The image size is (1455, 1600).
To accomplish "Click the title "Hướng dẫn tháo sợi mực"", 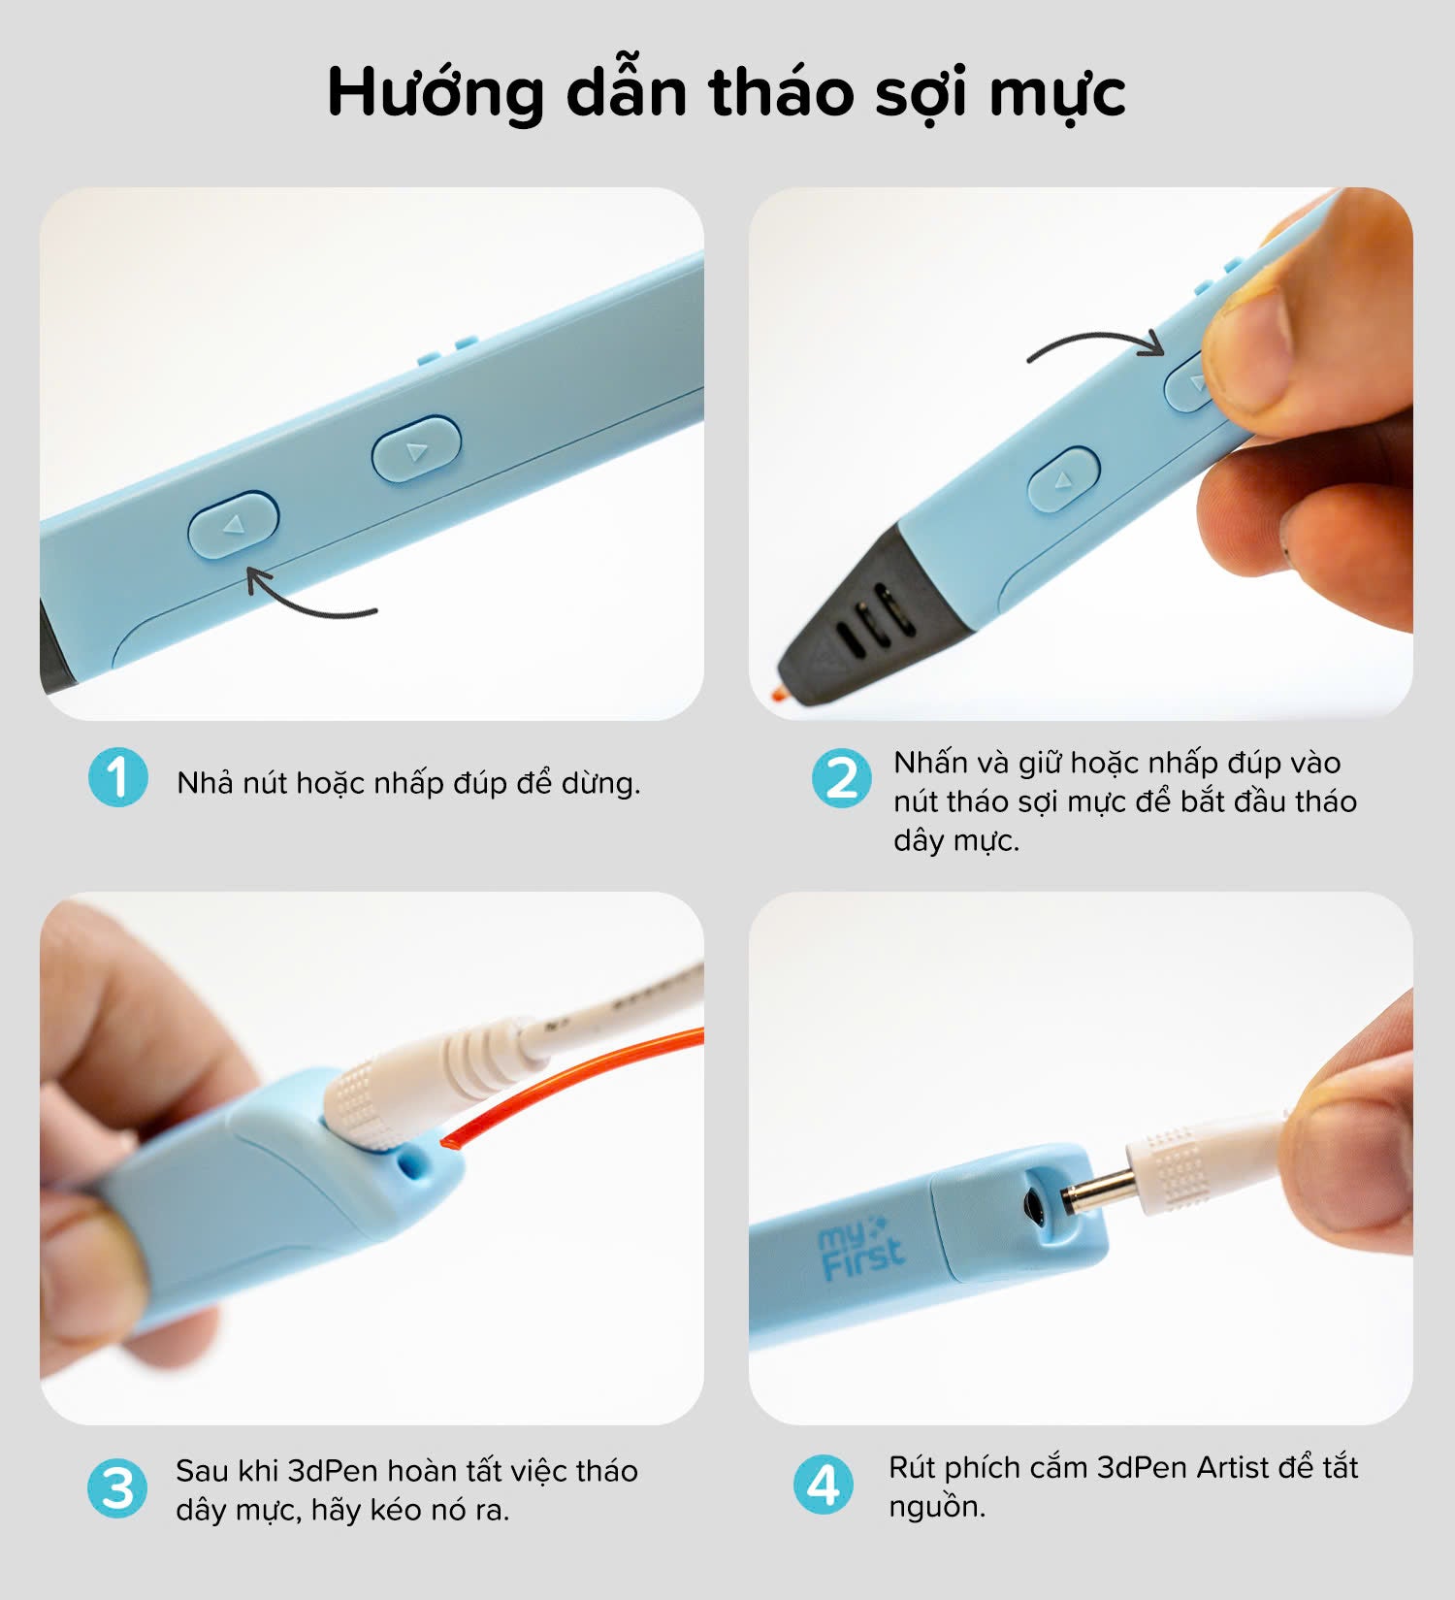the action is coord(727,93).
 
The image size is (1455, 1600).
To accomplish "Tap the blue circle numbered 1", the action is coord(117,777).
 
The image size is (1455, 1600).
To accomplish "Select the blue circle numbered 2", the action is coord(841,778).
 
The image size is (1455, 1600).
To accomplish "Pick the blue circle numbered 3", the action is coord(117,1488).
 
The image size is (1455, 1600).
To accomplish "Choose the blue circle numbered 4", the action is coord(824,1485).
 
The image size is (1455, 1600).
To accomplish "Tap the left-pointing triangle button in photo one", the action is coord(233,524).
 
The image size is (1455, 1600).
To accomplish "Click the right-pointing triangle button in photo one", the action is coord(416,449).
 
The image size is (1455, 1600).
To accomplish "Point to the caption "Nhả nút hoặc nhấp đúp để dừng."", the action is coord(408,782).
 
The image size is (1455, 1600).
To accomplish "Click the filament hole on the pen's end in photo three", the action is coord(416,1163).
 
